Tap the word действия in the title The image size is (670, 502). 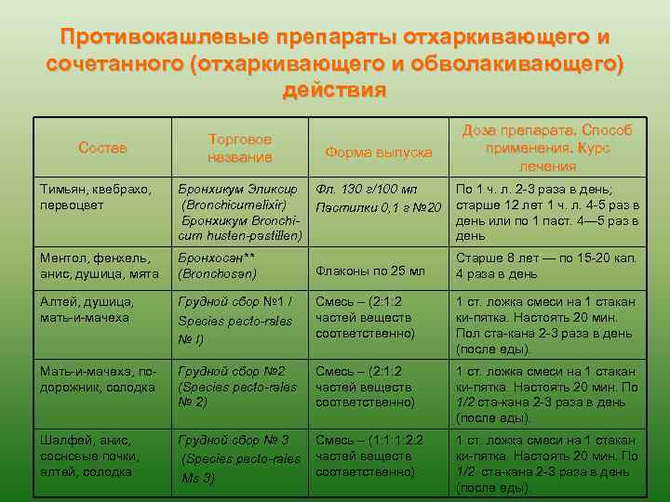pos(333,91)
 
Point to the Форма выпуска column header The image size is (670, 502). pos(379,152)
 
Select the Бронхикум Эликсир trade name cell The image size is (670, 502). pos(240,212)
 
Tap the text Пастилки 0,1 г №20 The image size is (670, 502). pos(379,205)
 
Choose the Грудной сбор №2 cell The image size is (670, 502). pos(240,387)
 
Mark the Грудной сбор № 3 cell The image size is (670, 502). pos(240,459)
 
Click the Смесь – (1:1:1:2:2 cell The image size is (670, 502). pos(379,456)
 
